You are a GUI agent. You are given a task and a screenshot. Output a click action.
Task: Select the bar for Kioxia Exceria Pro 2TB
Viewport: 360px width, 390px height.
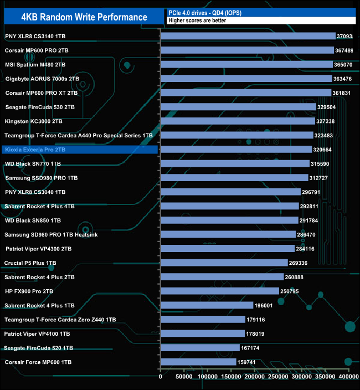[x=236, y=150]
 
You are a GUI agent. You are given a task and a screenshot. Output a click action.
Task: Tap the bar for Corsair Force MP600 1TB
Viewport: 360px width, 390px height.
[x=198, y=362]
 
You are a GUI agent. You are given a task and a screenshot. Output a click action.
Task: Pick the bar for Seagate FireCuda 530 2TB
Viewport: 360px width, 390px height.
[x=238, y=107]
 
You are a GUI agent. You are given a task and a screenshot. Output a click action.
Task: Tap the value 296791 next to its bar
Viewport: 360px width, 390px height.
[x=314, y=192]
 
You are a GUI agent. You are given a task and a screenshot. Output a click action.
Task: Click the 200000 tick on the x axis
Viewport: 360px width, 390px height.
[x=254, y=377]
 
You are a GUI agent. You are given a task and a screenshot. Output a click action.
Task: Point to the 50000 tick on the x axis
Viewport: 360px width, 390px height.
[x=184, y=377]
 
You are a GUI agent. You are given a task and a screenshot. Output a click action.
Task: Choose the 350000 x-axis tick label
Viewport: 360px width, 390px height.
[x=325, y=377]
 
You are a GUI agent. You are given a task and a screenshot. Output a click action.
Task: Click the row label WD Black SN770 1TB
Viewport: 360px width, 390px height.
[x=34, y=164]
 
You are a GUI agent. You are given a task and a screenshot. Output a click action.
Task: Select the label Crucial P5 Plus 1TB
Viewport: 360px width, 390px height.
[x=30, y=263]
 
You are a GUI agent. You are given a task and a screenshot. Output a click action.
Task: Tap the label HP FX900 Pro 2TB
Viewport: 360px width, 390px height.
[x=29, y=291]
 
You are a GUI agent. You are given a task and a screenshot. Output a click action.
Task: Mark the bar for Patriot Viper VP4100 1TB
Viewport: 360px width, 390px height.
[x=202, y=333]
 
